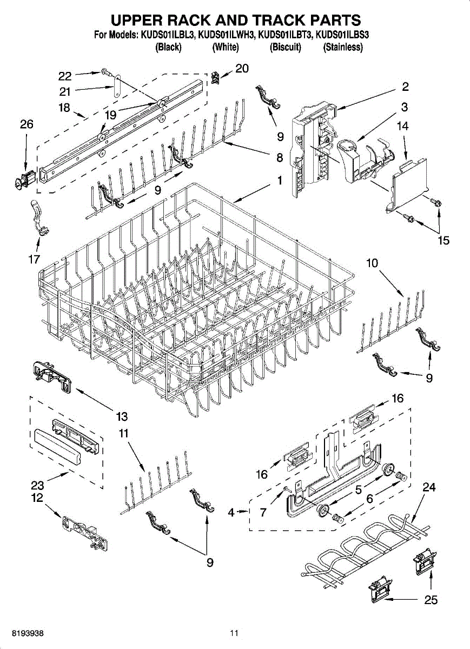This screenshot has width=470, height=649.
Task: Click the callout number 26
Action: [27, 124]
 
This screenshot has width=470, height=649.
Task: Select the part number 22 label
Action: [65, 76]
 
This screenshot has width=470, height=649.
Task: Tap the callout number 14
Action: [402, 127]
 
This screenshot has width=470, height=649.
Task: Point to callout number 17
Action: [34, 260]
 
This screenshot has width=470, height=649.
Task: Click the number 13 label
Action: [122, 416]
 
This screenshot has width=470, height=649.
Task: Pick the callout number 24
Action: [429, 487]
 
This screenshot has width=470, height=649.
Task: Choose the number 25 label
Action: [431, 600]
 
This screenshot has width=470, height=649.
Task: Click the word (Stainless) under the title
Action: [342, 48]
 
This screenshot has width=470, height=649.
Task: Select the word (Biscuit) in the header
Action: [285, 48]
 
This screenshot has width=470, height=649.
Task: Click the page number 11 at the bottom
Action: [234, 633]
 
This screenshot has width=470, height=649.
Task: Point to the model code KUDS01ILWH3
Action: [226, 36]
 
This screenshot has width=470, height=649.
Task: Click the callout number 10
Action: [372, 263]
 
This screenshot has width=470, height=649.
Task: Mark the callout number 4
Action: [231, 512]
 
